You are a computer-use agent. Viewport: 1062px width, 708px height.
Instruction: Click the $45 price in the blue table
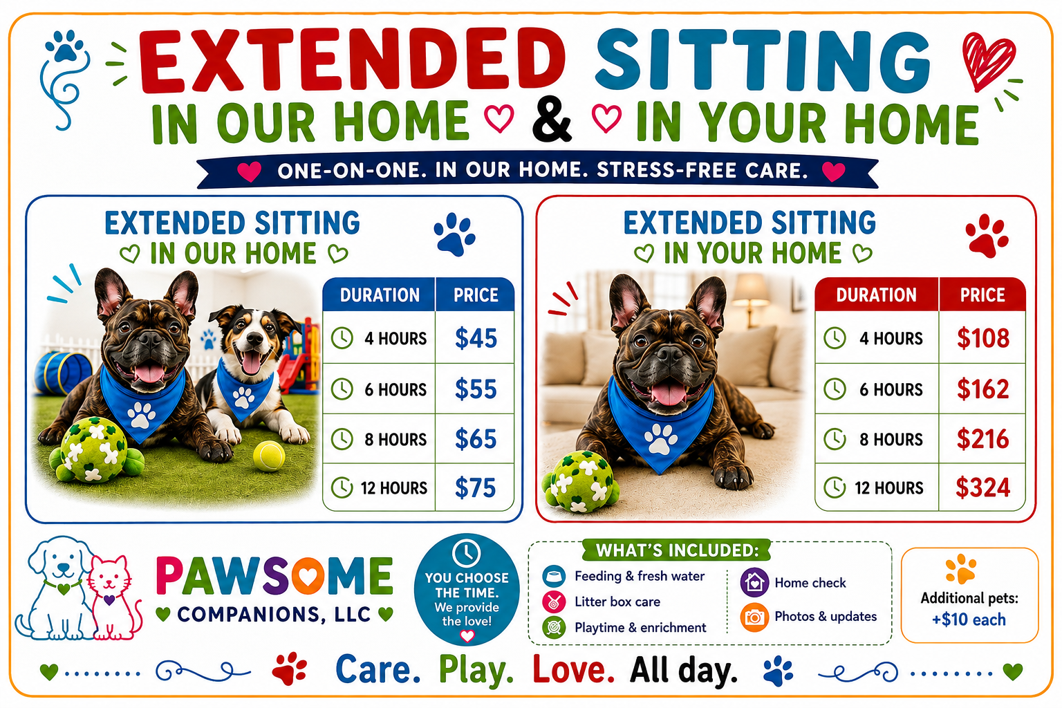(476, 339)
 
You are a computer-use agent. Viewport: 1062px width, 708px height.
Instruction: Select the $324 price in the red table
(982, 487)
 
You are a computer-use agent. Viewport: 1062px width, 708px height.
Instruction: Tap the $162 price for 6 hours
(982, 389)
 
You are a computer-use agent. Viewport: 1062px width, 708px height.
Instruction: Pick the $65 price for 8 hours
(476, 438)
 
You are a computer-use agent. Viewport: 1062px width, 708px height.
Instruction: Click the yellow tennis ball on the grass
(269, 456)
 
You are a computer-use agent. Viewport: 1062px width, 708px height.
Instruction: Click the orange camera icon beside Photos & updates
(754, 617)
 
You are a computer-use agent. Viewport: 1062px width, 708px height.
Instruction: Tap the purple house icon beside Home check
(754, 582)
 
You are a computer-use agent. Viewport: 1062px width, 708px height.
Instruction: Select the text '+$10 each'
(969, 619)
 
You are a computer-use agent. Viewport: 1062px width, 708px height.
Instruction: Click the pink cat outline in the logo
(113, 597)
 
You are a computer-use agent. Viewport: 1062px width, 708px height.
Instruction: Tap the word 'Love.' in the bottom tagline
(573, 669)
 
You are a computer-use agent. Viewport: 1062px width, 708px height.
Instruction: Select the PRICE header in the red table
(982, 295)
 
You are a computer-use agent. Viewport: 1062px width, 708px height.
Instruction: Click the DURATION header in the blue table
(380, 295)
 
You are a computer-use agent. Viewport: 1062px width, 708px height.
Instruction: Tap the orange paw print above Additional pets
(960, 568)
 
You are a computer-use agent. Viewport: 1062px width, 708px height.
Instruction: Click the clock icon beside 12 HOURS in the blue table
(342, 487)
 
